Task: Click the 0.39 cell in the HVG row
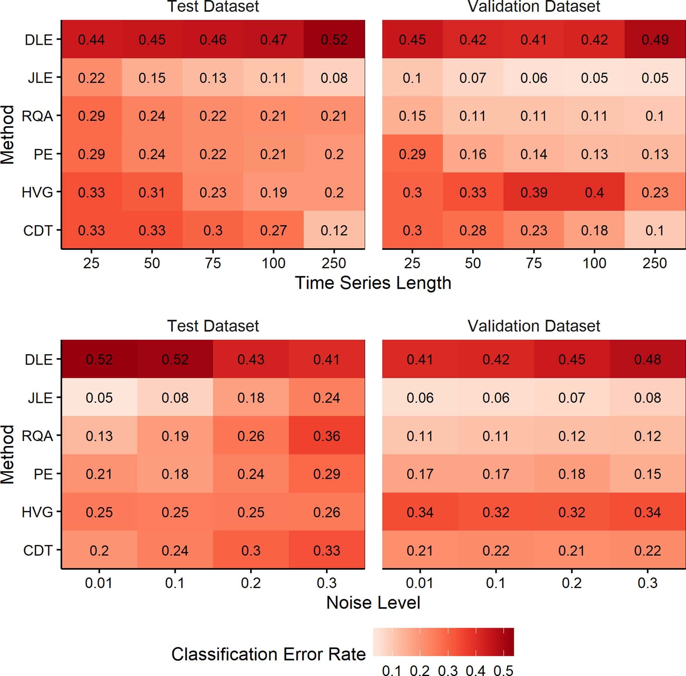click(x=534, y=192)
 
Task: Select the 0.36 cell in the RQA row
click(x=327, y=436)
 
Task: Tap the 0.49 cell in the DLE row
click(x=655, y=39)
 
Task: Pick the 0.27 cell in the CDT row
click(x=273, y=230)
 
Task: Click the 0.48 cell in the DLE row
click(x=648, y=359)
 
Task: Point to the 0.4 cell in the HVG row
click(x=594, y=192)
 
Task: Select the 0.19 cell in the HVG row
click(x=273, y=192)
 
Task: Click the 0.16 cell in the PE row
click(x=473, y=154)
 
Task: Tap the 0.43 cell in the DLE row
click(x=251, y=359)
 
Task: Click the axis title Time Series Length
click(x=373, y=283)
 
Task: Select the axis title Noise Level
click(x=373, y=602)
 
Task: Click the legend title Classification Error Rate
click(x=268, y=654)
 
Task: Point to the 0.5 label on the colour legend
click(x=503, y=670)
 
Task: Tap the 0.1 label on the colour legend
click(x=392, y=670)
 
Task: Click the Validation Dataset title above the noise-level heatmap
click(x=534, y=326)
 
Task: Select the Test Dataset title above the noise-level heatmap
click(x=213, y=326)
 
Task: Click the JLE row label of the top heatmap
click(x=40, y=78)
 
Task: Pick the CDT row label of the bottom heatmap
click(x=38, y=550)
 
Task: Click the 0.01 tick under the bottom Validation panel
click(x=419, y=583)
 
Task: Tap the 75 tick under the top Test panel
click(x=213, y=263)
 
